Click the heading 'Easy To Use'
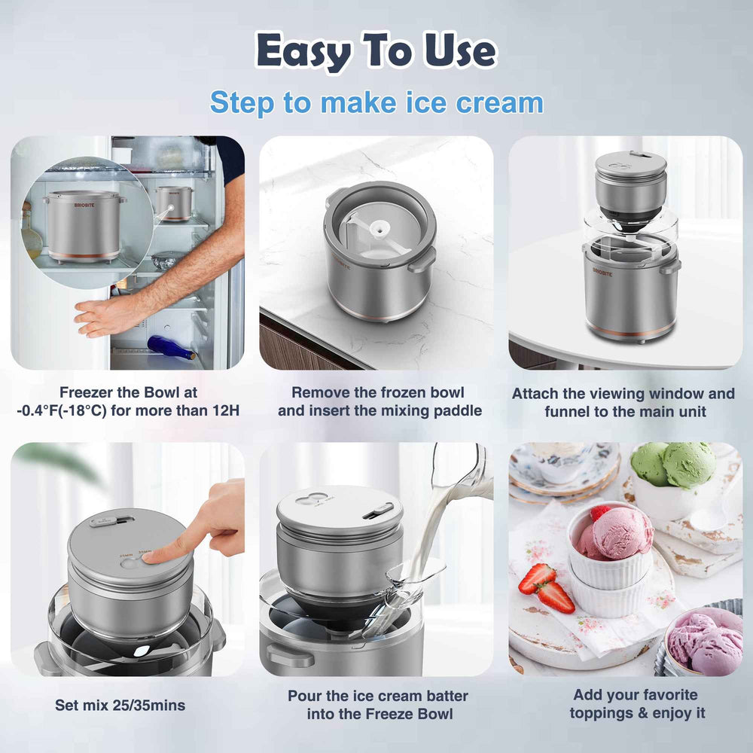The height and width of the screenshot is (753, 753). coord(376,51)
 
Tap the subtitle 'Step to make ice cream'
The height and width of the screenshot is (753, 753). coord(376,102)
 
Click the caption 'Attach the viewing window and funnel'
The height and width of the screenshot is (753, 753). coord(623,402)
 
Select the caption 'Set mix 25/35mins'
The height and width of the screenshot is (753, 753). coord(120,706)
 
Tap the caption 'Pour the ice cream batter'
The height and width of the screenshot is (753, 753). coord(377,704)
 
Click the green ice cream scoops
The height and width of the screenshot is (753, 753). coord(673,464)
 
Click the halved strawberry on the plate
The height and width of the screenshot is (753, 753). coord(556,596)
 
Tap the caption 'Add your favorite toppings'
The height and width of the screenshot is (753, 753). coord(635,704)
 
